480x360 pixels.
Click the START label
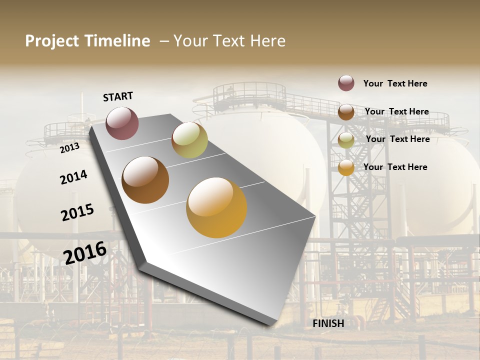[x=118, y=96]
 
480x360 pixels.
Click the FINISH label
[x=328, y=323]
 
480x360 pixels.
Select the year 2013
[x=70, y=147]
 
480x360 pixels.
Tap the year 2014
[x=73, y=177]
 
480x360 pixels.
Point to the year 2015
[x=77, y=212]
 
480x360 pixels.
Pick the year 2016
[x=85, y=252]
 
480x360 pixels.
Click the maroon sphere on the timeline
[x=122, y=123]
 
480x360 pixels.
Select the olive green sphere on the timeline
[x=189, y=140]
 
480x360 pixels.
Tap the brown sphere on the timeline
[x=145, y=180]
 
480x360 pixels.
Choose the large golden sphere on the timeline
[x=216, y=207]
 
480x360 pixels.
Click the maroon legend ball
[x=346, y=83]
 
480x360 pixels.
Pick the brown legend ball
[x=346, y=112]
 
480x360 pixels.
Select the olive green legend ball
[x=346, y=140]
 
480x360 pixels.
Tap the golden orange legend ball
[x=346, y=167]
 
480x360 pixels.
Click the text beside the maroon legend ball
[x=395, y=83]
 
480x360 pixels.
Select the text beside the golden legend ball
[x=395, y=167]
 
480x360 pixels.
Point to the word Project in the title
[x=52, y=41]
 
